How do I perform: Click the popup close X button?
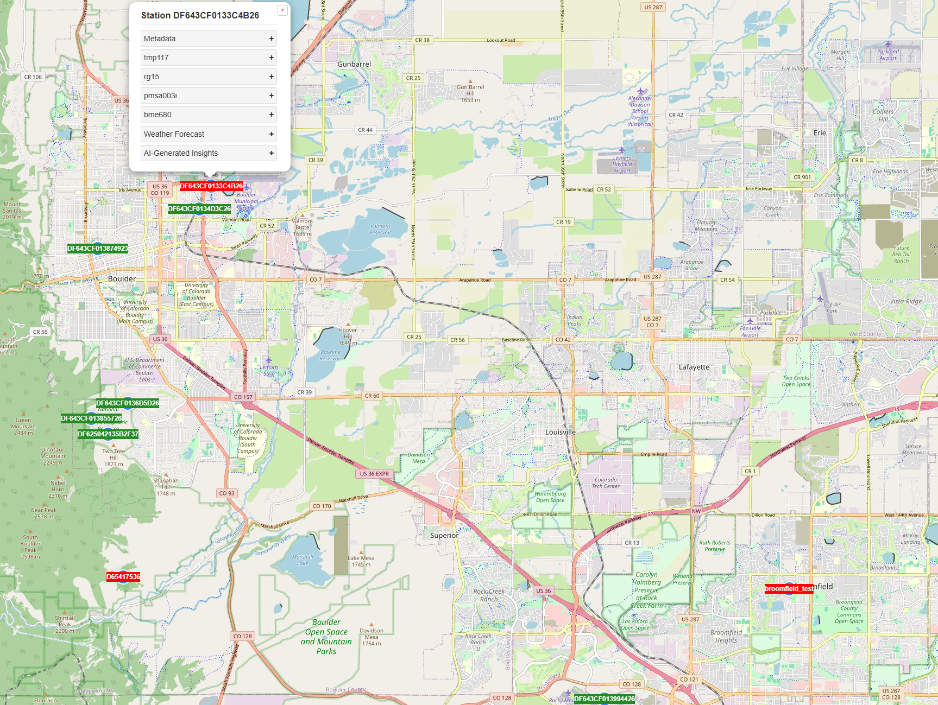point(282,10)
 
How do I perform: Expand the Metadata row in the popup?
point(209,39)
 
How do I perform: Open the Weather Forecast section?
point(209,134)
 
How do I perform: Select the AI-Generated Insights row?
point(209,153)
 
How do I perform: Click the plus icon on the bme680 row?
point(271,115)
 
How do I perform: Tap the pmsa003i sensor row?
point(209,96)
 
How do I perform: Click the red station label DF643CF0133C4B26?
point(211,186)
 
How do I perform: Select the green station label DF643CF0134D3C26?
point(199,209)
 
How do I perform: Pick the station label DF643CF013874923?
point(98,249)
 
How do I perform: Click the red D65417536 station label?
point(123,577)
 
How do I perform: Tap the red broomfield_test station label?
point(789,589)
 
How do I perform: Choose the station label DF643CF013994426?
point(605,699)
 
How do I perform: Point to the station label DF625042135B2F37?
point(108,434)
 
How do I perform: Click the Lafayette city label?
point(694,367)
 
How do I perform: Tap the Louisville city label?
point(560,432)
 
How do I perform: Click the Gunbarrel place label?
point(354,64)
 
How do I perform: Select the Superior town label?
point(444,536)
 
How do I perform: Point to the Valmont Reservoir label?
point(380,229)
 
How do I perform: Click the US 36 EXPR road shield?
point(374,474)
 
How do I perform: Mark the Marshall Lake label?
point(303,560)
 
